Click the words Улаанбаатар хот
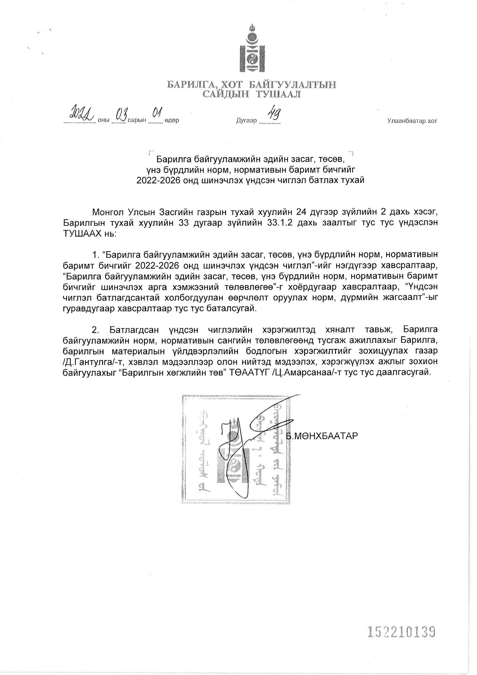(x=412, y=121)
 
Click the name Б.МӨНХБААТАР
(x=322, y=436)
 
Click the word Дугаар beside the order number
(x=246, y=121)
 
